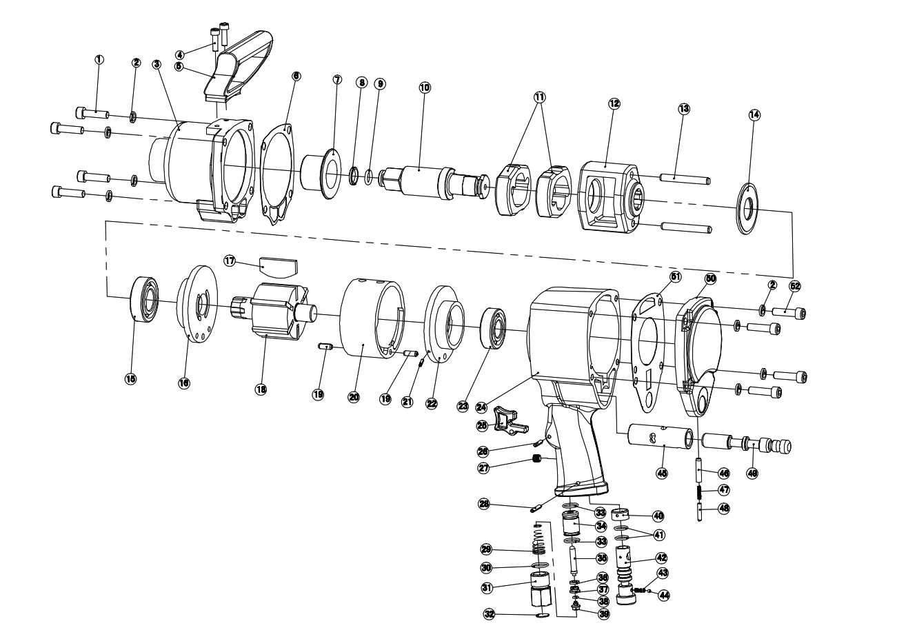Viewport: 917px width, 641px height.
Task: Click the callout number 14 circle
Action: (x=754, y=115)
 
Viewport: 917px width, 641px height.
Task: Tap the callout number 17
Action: (x=230, y=260)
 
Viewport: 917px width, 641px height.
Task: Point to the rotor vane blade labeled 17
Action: (x=278, y=266)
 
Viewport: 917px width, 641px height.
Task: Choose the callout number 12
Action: (x=614, y=103)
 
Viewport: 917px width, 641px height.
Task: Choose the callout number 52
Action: (x=795, y=285)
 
